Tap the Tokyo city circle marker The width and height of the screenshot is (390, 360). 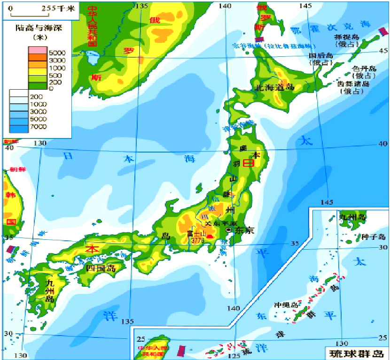(x=229, y=230)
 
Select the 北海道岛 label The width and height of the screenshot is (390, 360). (x=274, y=87)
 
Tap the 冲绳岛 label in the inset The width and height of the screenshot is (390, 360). (x=288, y=305)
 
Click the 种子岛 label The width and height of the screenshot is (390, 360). (x=370, y=237)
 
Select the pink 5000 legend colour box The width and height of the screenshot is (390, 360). (x=37, y=51)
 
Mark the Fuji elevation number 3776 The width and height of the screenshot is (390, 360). (x=196, y=240)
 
